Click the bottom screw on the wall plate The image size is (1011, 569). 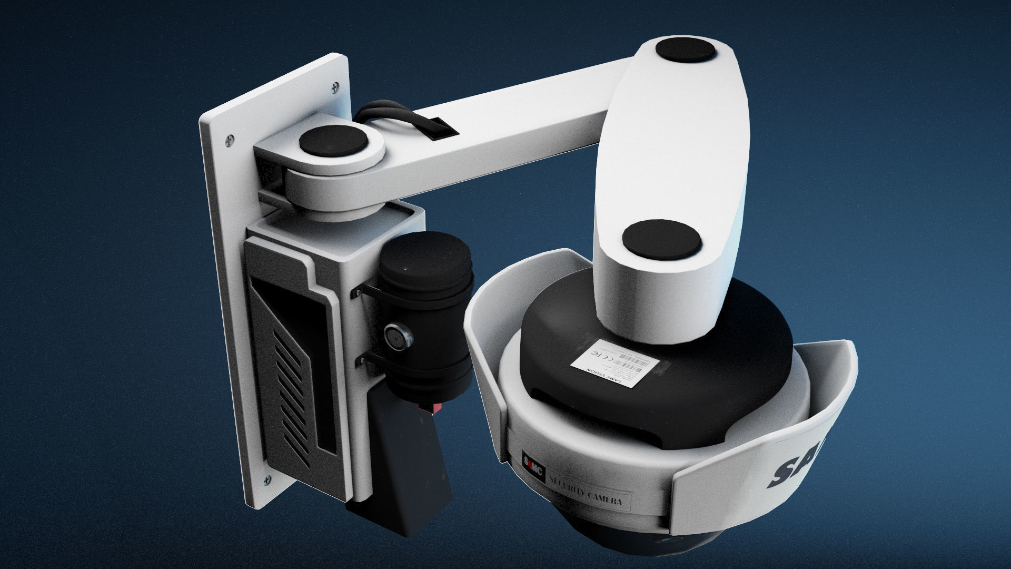(266, 479)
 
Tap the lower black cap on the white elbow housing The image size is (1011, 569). (662, 240)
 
